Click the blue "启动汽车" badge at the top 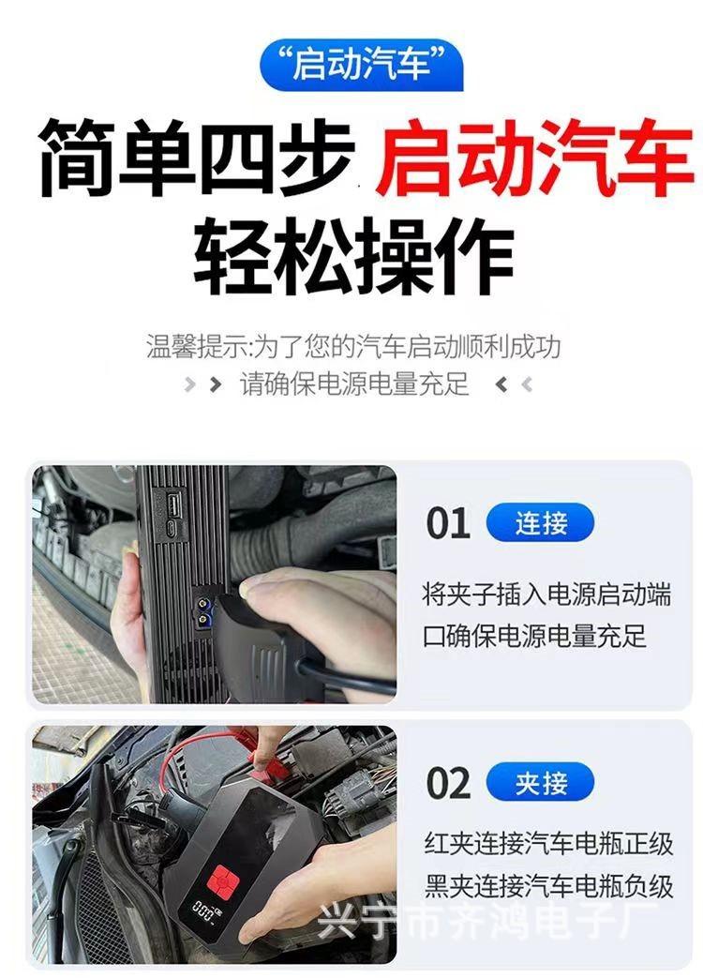tap(361, 65)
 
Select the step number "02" tap(448, 784)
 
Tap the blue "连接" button tap(541, 523)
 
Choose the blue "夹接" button tap(541, 783)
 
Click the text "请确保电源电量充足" tap(354, 384)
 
